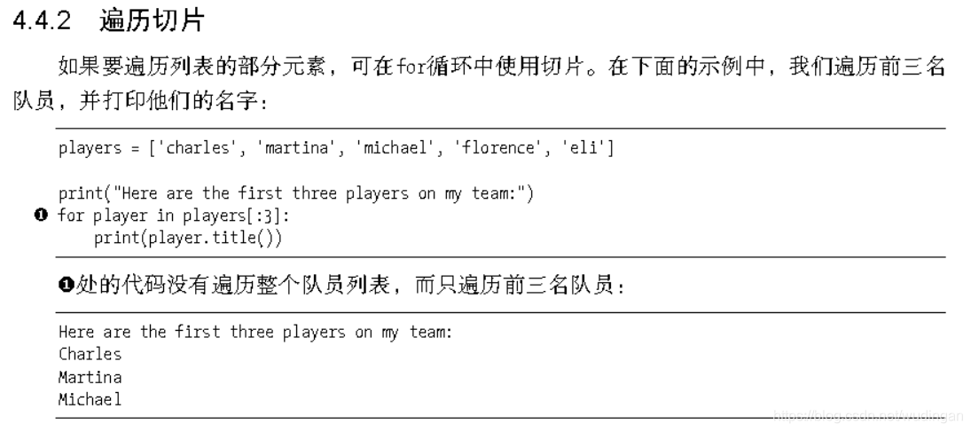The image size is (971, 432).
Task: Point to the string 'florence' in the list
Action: coord(498,148)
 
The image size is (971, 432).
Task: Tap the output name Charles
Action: coord(90,354)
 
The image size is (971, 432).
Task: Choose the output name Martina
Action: coord(90,377)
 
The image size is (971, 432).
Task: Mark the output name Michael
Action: coord(90,400)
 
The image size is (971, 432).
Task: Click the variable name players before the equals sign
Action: coord(90,148)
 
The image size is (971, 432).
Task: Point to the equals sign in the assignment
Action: coord(137,148)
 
